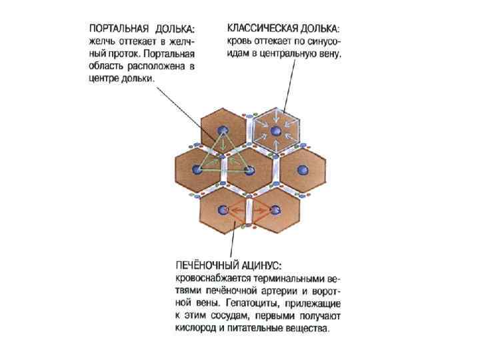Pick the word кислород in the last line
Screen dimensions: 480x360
coord(198,330)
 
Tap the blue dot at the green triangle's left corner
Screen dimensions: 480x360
coord(197,171)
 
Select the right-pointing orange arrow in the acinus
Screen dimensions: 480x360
coord(262,211)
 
